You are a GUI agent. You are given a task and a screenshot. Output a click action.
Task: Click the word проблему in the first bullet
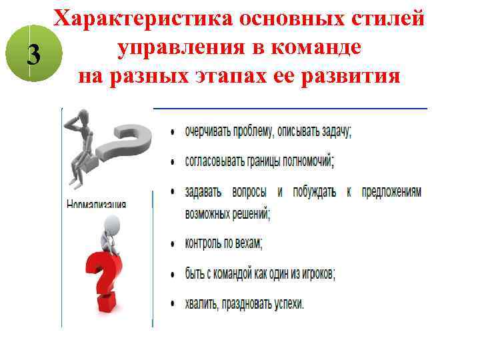[253, 131]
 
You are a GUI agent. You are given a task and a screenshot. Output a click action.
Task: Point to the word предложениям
[392, 191]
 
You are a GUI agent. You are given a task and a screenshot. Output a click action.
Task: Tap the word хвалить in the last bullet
[203, 303]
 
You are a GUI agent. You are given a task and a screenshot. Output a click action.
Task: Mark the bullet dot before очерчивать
[173, 132]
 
